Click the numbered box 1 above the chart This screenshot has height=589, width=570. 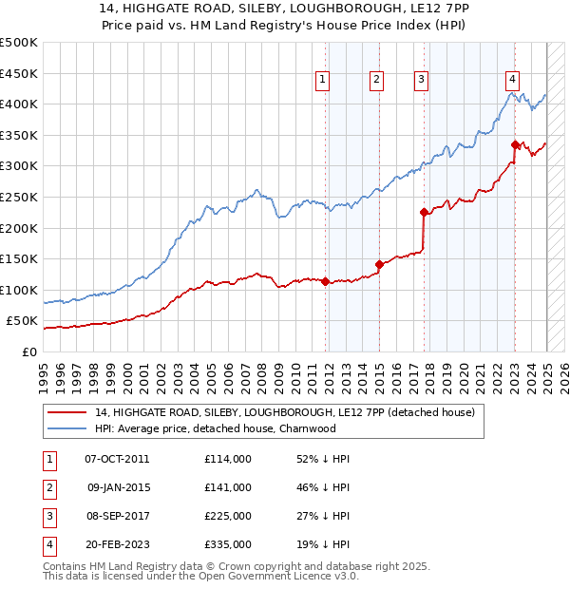tap(323, 80)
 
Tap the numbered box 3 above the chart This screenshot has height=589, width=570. tap(421, 80)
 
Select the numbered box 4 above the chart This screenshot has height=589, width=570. tap(512, 80)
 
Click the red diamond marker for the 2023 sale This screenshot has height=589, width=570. tap(515, 144)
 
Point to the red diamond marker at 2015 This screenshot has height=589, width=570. tap(379, 264)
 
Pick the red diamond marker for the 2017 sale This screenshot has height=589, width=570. tap(424, 212)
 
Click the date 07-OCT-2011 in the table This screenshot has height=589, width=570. tap(117, 459)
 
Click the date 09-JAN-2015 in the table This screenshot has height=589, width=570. tap(117, 487)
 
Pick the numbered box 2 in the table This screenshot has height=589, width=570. tap(48, 487)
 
